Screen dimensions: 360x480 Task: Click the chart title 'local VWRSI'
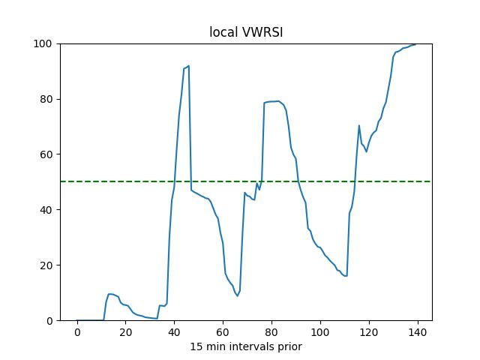pyautogui.click(x=245, y=32)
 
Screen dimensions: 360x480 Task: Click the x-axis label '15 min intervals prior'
pyautogui.click(x=245, y=346)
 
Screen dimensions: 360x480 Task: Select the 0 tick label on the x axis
pyautogui.click(x=77, y=331)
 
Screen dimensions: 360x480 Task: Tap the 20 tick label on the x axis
pyautogui.click(x=126, y=331)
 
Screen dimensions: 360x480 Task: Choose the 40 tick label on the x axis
pyautogui.click(x=175, y=331)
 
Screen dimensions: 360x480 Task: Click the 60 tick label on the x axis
pyautogui.click(x=223, y=331)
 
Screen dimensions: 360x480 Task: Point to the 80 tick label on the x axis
pyautogui.click(x=272, y=331)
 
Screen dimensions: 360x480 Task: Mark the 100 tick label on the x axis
pyautogui.click(x=320, y=331)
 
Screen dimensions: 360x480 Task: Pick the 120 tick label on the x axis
pyautogui.click(x=369, y=331)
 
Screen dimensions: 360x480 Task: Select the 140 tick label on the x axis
pyautogui.click(x=418, y=331)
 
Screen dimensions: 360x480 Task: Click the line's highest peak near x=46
pyautogui.click(x=188, y=65)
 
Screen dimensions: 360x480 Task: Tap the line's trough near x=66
pyautogui.click(x=238, y=295)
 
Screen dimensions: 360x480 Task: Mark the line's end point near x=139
pyautogui.click(x=415, y=44)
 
